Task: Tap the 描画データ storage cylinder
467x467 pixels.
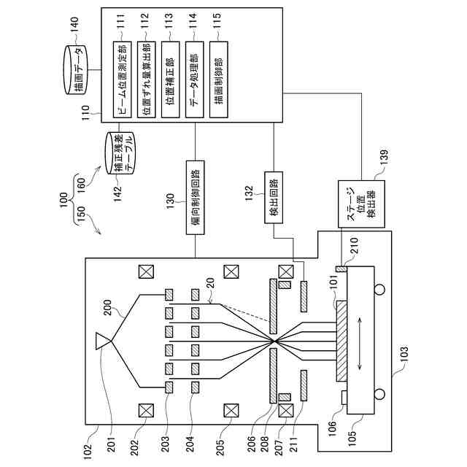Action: (76, 70)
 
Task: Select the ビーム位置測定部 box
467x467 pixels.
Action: (122, 80)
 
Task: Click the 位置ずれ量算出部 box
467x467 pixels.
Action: (146, 80)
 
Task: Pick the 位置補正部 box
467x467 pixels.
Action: (170, 80)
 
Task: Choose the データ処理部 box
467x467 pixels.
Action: (195, 80)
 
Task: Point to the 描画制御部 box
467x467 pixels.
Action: (219, 80)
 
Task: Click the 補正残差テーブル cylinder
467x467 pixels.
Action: (120, 153)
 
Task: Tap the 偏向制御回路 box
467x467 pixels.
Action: (196, 198)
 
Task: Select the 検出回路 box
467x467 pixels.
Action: (274, 198)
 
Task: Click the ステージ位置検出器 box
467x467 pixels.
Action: (362, 204)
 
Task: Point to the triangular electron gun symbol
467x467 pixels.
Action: (103, 341)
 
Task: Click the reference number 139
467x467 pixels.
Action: (385, 156)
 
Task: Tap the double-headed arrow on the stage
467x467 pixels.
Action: (360, 344)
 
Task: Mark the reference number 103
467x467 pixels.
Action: (404, 353)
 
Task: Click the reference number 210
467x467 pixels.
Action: (355, 245)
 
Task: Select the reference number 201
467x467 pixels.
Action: (111, 444)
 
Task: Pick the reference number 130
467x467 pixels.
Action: (170, 201)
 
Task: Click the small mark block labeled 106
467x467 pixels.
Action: (344, 397)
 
